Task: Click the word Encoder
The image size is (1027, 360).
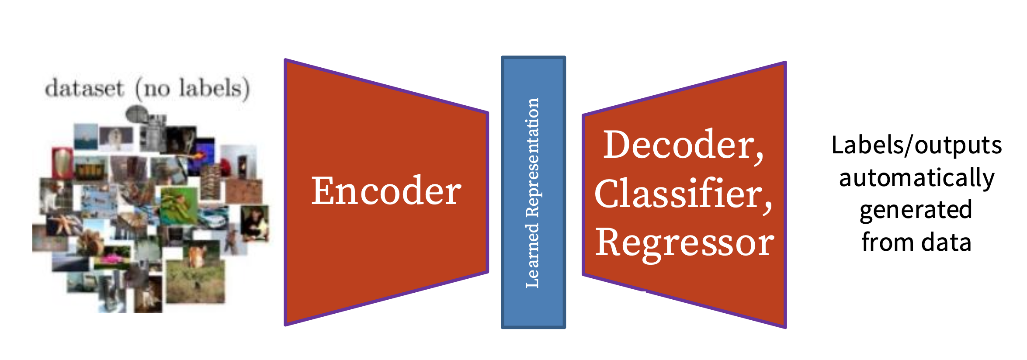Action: [386, 191]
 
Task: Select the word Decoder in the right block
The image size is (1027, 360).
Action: [681, 145]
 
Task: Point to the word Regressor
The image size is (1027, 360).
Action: [684, 243]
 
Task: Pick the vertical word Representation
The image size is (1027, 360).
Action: [532, 157]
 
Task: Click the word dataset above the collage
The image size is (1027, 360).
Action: [84, 89]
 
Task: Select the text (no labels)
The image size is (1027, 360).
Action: [193, 89]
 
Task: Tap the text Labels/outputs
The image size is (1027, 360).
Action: [916, 145]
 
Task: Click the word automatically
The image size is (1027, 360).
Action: [916, 178]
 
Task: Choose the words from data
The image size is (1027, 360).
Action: [916, 242]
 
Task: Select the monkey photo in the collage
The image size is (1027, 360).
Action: [255, 223]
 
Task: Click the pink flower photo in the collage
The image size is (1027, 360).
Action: [112, 260]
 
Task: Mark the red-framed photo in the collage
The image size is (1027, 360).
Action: [62, 163]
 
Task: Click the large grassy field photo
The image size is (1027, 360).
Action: [195, 282]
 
